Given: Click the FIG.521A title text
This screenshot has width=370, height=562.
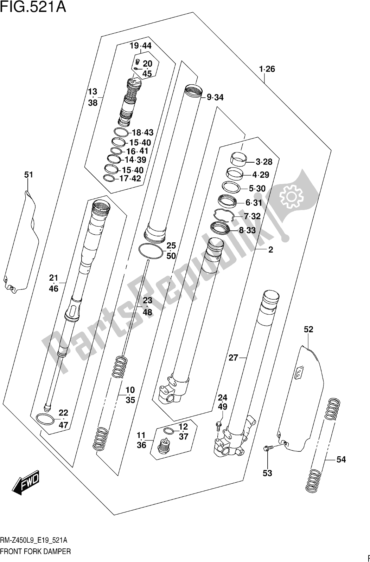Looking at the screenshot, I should (x=33, y=7).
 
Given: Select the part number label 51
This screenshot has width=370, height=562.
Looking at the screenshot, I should (x=28, y=175).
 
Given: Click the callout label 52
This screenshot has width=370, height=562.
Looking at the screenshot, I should (x=308, y=329).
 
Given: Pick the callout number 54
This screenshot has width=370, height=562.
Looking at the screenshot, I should (x=341, y=459).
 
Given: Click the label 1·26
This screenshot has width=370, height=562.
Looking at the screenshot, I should (x=267, y=69).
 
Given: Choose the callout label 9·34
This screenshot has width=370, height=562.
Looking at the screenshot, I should (x=215, y=97).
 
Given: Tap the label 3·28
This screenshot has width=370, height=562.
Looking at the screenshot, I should (x=264, y=162).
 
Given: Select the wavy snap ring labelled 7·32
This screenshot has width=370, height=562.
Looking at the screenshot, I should (x=223, y=216).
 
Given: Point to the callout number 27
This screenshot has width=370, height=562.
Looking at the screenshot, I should (x=234, y=358).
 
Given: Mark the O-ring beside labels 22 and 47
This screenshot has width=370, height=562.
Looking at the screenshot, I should (x=45, y=419).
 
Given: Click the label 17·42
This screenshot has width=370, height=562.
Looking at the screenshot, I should (x=130, y=178).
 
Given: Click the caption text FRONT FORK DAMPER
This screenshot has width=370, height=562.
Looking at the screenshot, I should (x=35, y=551).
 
